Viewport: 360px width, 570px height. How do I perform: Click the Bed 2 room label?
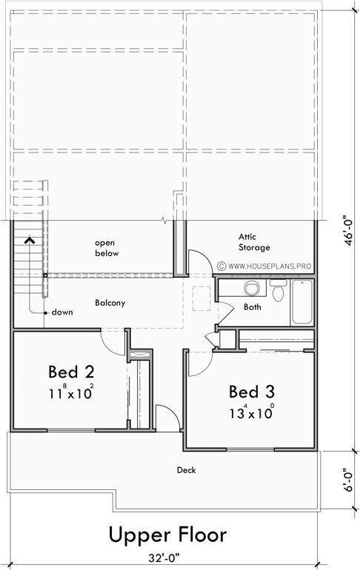click(71, 370)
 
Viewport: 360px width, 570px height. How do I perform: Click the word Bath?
click(253, 306)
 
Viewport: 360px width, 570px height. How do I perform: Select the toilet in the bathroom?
click(279, 292)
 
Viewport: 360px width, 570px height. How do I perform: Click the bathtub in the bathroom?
click(303, 301)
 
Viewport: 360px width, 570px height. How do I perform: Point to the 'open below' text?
click(107, 248)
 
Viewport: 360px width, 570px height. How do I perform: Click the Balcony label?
click(110, 303)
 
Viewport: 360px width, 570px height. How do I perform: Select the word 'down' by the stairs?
click(61, 312)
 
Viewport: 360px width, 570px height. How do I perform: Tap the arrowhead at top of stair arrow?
click(30, 239)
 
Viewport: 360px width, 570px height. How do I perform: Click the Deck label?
click(186, 469)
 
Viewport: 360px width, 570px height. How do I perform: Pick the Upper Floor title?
click(167, 534)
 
